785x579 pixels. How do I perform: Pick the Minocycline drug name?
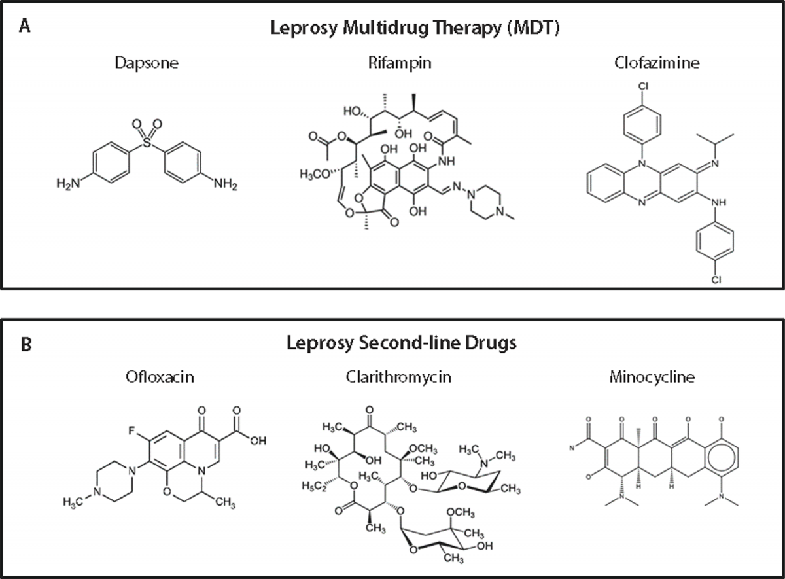point(659,377)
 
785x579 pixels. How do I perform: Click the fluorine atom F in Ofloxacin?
point(131,432)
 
